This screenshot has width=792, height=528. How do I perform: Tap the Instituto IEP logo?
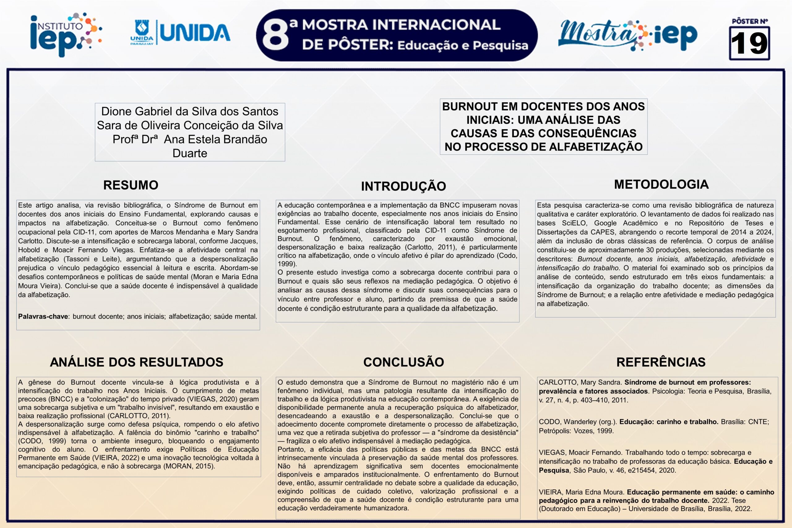(66, 34)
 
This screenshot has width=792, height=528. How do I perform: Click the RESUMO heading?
(131, 185)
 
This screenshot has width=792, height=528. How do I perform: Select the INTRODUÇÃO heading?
(403, 186)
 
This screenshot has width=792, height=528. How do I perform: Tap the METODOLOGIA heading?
(661, 185)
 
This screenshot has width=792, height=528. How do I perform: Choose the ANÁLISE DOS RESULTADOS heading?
(136, 362)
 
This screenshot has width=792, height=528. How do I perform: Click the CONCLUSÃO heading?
(403, 362)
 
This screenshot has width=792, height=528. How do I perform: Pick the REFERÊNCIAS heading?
(661, 362)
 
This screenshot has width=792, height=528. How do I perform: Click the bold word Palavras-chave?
(43, 316)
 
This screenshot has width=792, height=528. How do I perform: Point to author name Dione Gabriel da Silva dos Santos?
(190, 111)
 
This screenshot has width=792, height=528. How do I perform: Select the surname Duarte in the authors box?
(190, 153)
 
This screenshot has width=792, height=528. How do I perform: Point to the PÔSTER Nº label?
(750, 21)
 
